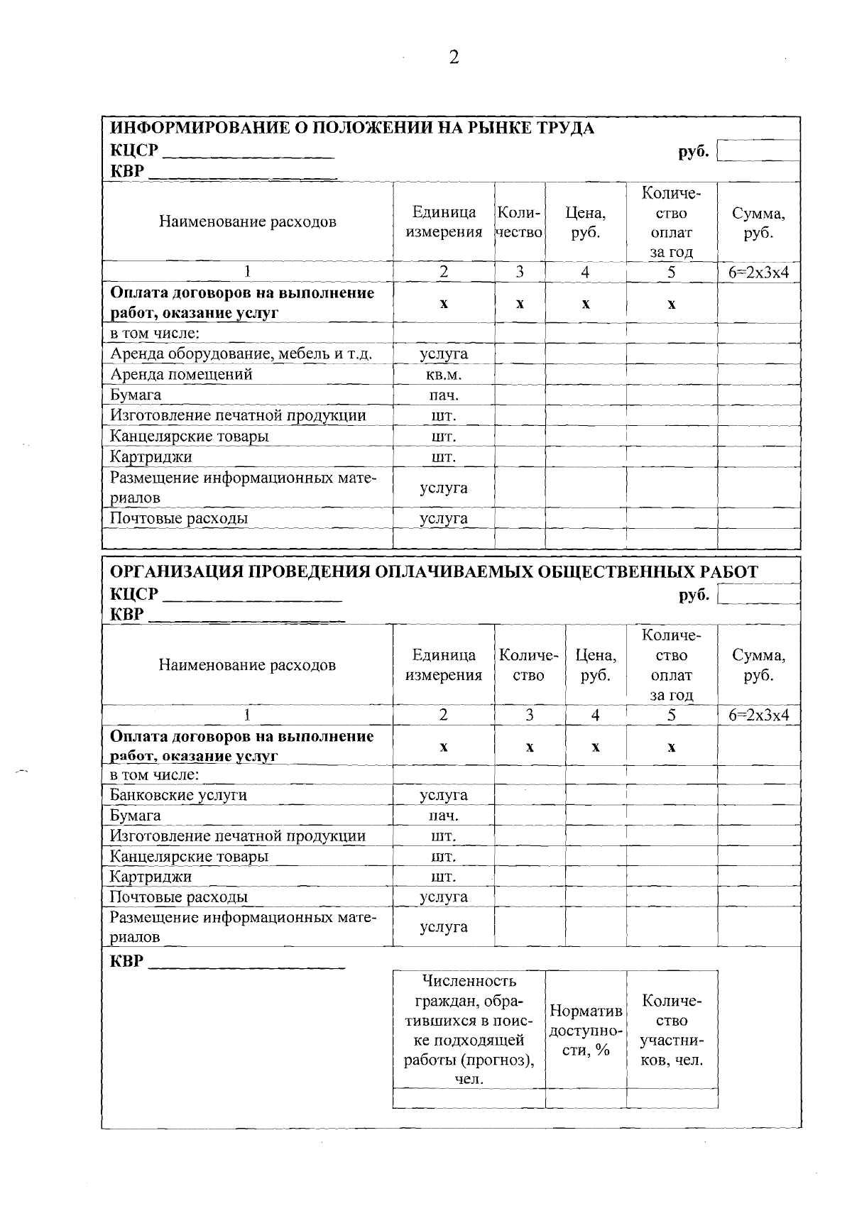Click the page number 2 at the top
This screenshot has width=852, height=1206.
454,57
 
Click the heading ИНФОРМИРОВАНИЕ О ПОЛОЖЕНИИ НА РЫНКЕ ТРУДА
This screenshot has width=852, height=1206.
352,128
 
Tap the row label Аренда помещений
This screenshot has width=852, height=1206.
181,374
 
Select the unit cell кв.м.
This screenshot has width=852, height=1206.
444,374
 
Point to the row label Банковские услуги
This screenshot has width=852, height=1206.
178,794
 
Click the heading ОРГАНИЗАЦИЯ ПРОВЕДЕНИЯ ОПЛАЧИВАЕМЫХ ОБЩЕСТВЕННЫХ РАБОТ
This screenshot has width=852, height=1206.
435,572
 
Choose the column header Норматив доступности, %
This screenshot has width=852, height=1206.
586,1030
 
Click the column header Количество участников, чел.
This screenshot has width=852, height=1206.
672,1030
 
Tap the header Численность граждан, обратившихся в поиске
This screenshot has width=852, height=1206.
469,1029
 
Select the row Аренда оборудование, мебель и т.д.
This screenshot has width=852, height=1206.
241,353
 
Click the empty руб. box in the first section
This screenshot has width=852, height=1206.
758,151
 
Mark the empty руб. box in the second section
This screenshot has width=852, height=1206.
758,595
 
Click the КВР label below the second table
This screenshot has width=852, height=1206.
126,962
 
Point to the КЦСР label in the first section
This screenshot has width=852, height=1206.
134,151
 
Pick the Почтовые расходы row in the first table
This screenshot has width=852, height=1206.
179,518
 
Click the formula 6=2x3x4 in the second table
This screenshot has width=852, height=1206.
758,716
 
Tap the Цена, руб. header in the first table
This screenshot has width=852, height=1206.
585,222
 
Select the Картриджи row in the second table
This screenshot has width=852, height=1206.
151,877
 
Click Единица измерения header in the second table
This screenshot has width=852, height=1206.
444,665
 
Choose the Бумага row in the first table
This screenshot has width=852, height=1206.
136,395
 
